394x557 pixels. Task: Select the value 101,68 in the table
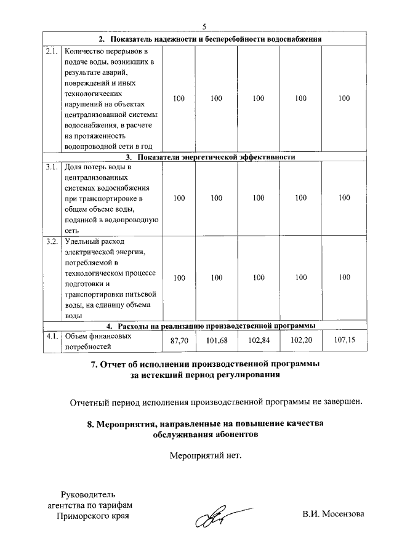click(x=216, y=340)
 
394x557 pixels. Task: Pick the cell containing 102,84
click(x=259, y=340)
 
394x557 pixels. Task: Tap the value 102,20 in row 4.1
click(x=301, y=340)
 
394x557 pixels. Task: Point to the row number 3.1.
click(x=52, y=167)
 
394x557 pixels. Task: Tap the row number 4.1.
click(x=52, y=336)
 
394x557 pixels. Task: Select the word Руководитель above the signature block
click(x=87, y=494)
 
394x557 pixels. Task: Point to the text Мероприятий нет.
click(x=206, y=456)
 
